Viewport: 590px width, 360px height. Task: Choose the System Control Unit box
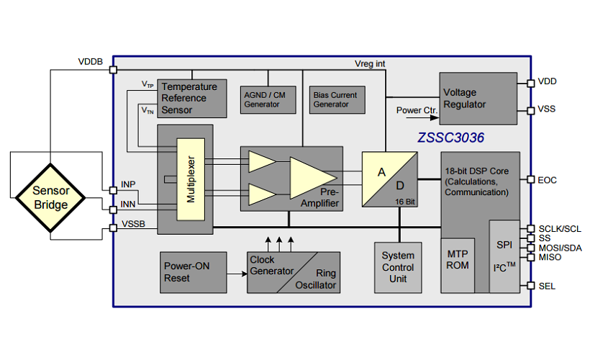(x=398, y=266)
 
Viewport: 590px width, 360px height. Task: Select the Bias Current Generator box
(x=335, y=99)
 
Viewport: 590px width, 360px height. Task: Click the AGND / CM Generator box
(x=268, y=99)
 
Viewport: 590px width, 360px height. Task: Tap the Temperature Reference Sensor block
(x=190, y=98)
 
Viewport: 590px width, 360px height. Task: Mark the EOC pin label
(x=548, y=180)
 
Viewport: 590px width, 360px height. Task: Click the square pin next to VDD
(x=530, y=83)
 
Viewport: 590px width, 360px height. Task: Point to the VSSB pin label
(x=132, y=224)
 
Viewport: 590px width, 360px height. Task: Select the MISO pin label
(x=550, y=257)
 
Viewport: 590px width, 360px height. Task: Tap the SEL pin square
(x=530, y=286)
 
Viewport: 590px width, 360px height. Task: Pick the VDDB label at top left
(x=91, y=61)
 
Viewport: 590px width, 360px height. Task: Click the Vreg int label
(x=370, y=64)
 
